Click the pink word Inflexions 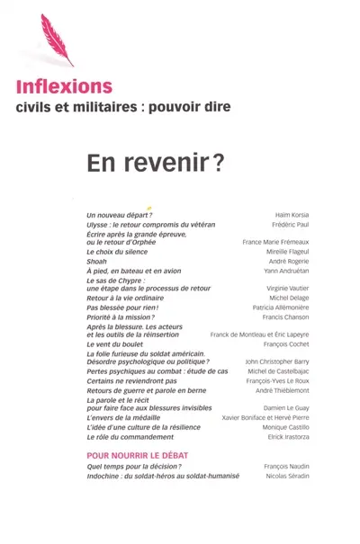pos(64,87)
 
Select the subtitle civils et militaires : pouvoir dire pos(123,107)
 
